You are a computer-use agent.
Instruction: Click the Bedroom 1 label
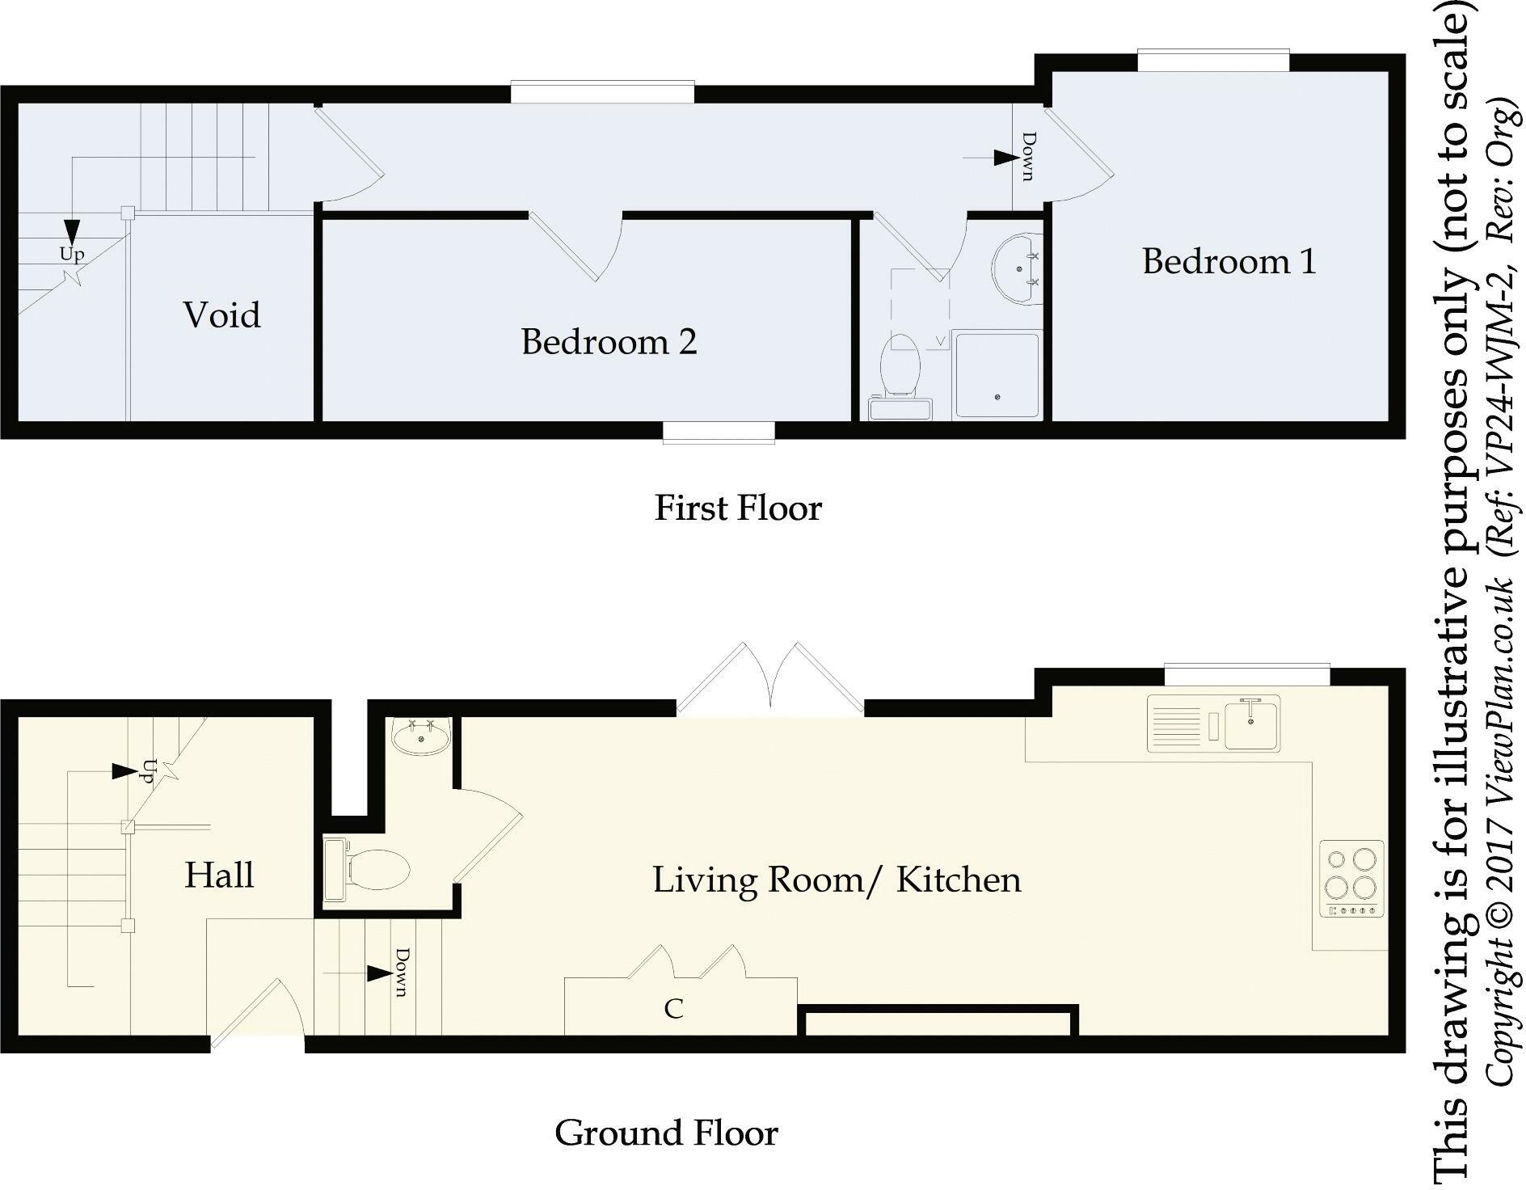tap(1229, 261)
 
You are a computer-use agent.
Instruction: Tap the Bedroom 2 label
tap(609, 342)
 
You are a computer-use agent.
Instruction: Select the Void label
tap(222, 314)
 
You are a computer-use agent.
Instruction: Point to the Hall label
tap(219, 875)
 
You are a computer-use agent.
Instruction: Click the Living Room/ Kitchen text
tap(837, 880)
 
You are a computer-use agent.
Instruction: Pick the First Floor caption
tap(738, 508)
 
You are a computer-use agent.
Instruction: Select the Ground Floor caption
tap(666, 1133)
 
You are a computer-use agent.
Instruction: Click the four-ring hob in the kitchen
tap(1352, 880)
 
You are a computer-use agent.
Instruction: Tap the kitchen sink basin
tap(1250, 722)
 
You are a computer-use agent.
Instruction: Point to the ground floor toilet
tap(367, 870)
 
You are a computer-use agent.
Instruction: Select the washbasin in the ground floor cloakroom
tap(420, 736)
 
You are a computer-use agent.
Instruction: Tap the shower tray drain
tap(998, 397)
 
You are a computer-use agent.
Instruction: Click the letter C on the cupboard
tap(673, 1009)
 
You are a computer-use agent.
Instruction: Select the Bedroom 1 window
tap(1212, 61)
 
